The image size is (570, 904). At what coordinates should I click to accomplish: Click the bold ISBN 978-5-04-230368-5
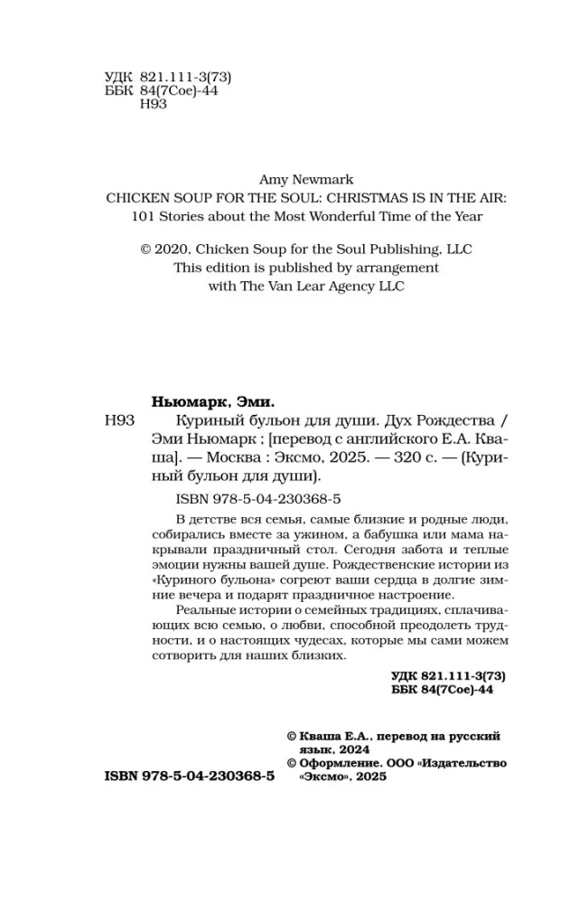[x=189, y=777]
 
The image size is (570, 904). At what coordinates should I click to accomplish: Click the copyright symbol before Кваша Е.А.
[x=291, y=737]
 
